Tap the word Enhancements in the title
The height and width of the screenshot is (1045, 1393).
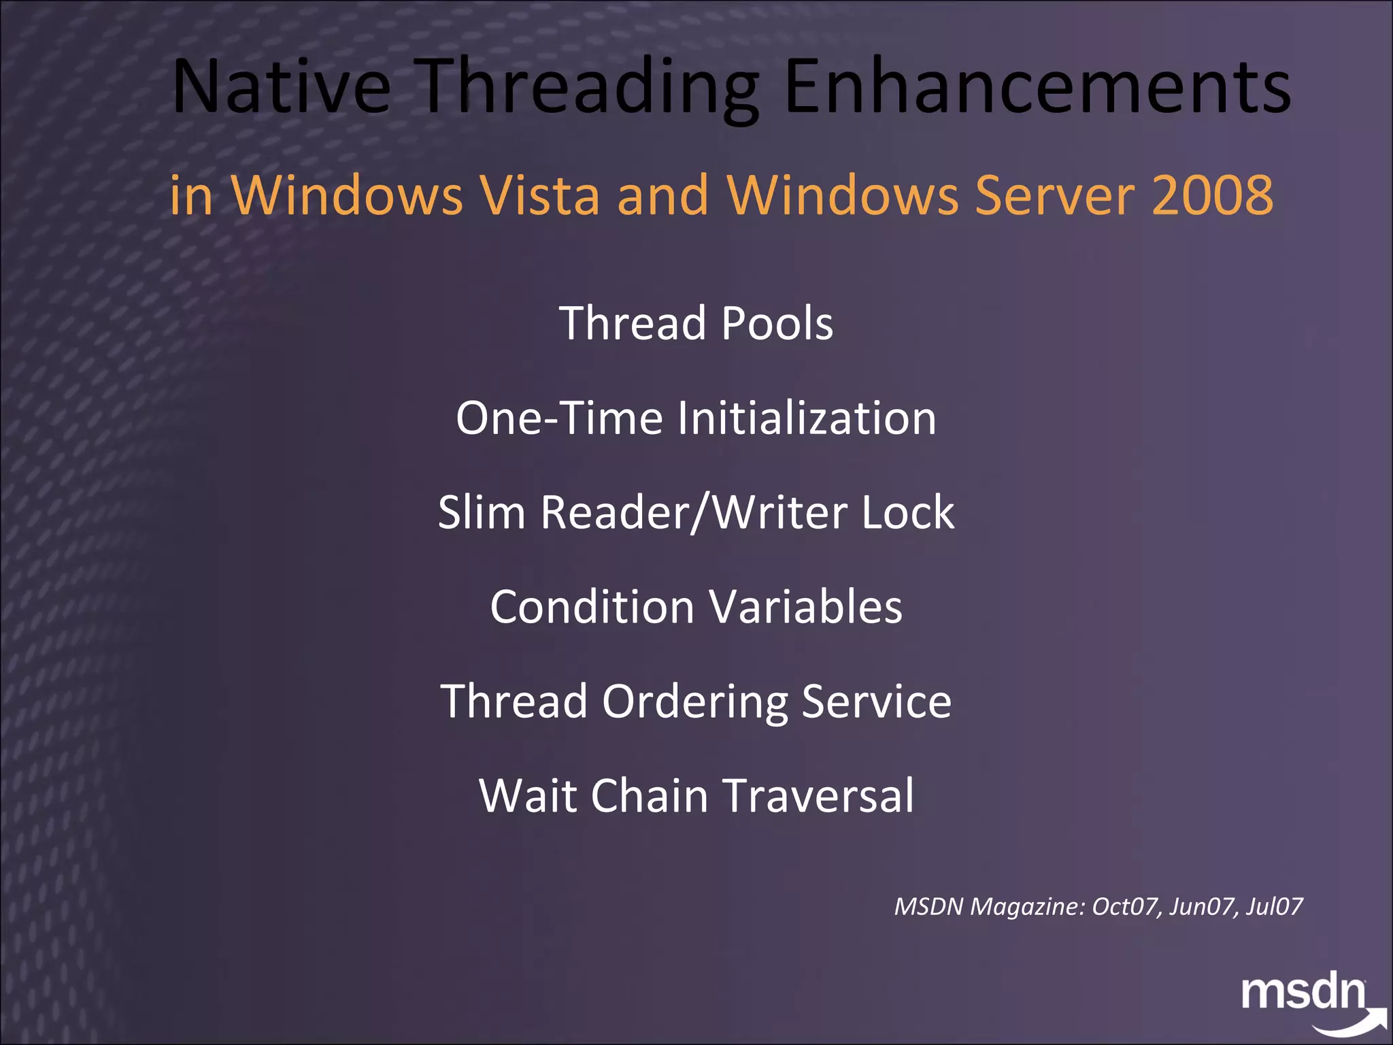coord(1036,87)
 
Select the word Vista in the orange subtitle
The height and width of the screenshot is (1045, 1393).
coord(540,195)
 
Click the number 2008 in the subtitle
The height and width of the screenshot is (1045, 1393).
coord(1212,195)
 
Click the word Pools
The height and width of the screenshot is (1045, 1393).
coord(777,323)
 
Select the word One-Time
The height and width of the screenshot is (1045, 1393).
coord(559,418)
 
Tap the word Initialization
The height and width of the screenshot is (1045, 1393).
coord(807,418)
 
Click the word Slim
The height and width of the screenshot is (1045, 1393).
coord(482,512)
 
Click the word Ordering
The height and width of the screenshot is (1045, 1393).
coord(694,702)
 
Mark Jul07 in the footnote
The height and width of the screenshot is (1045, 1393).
coord(1274,906)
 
